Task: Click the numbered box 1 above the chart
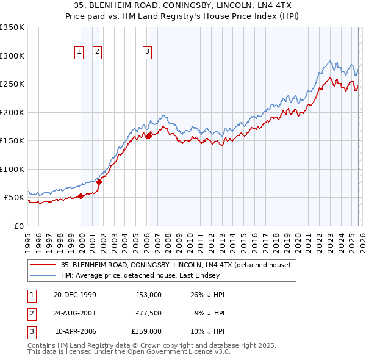pos(79,52)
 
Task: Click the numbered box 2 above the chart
pos(97,52)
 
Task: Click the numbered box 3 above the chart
pos(147,52)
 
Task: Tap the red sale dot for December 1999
pos(81,196)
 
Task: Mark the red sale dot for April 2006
pos(148,135)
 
